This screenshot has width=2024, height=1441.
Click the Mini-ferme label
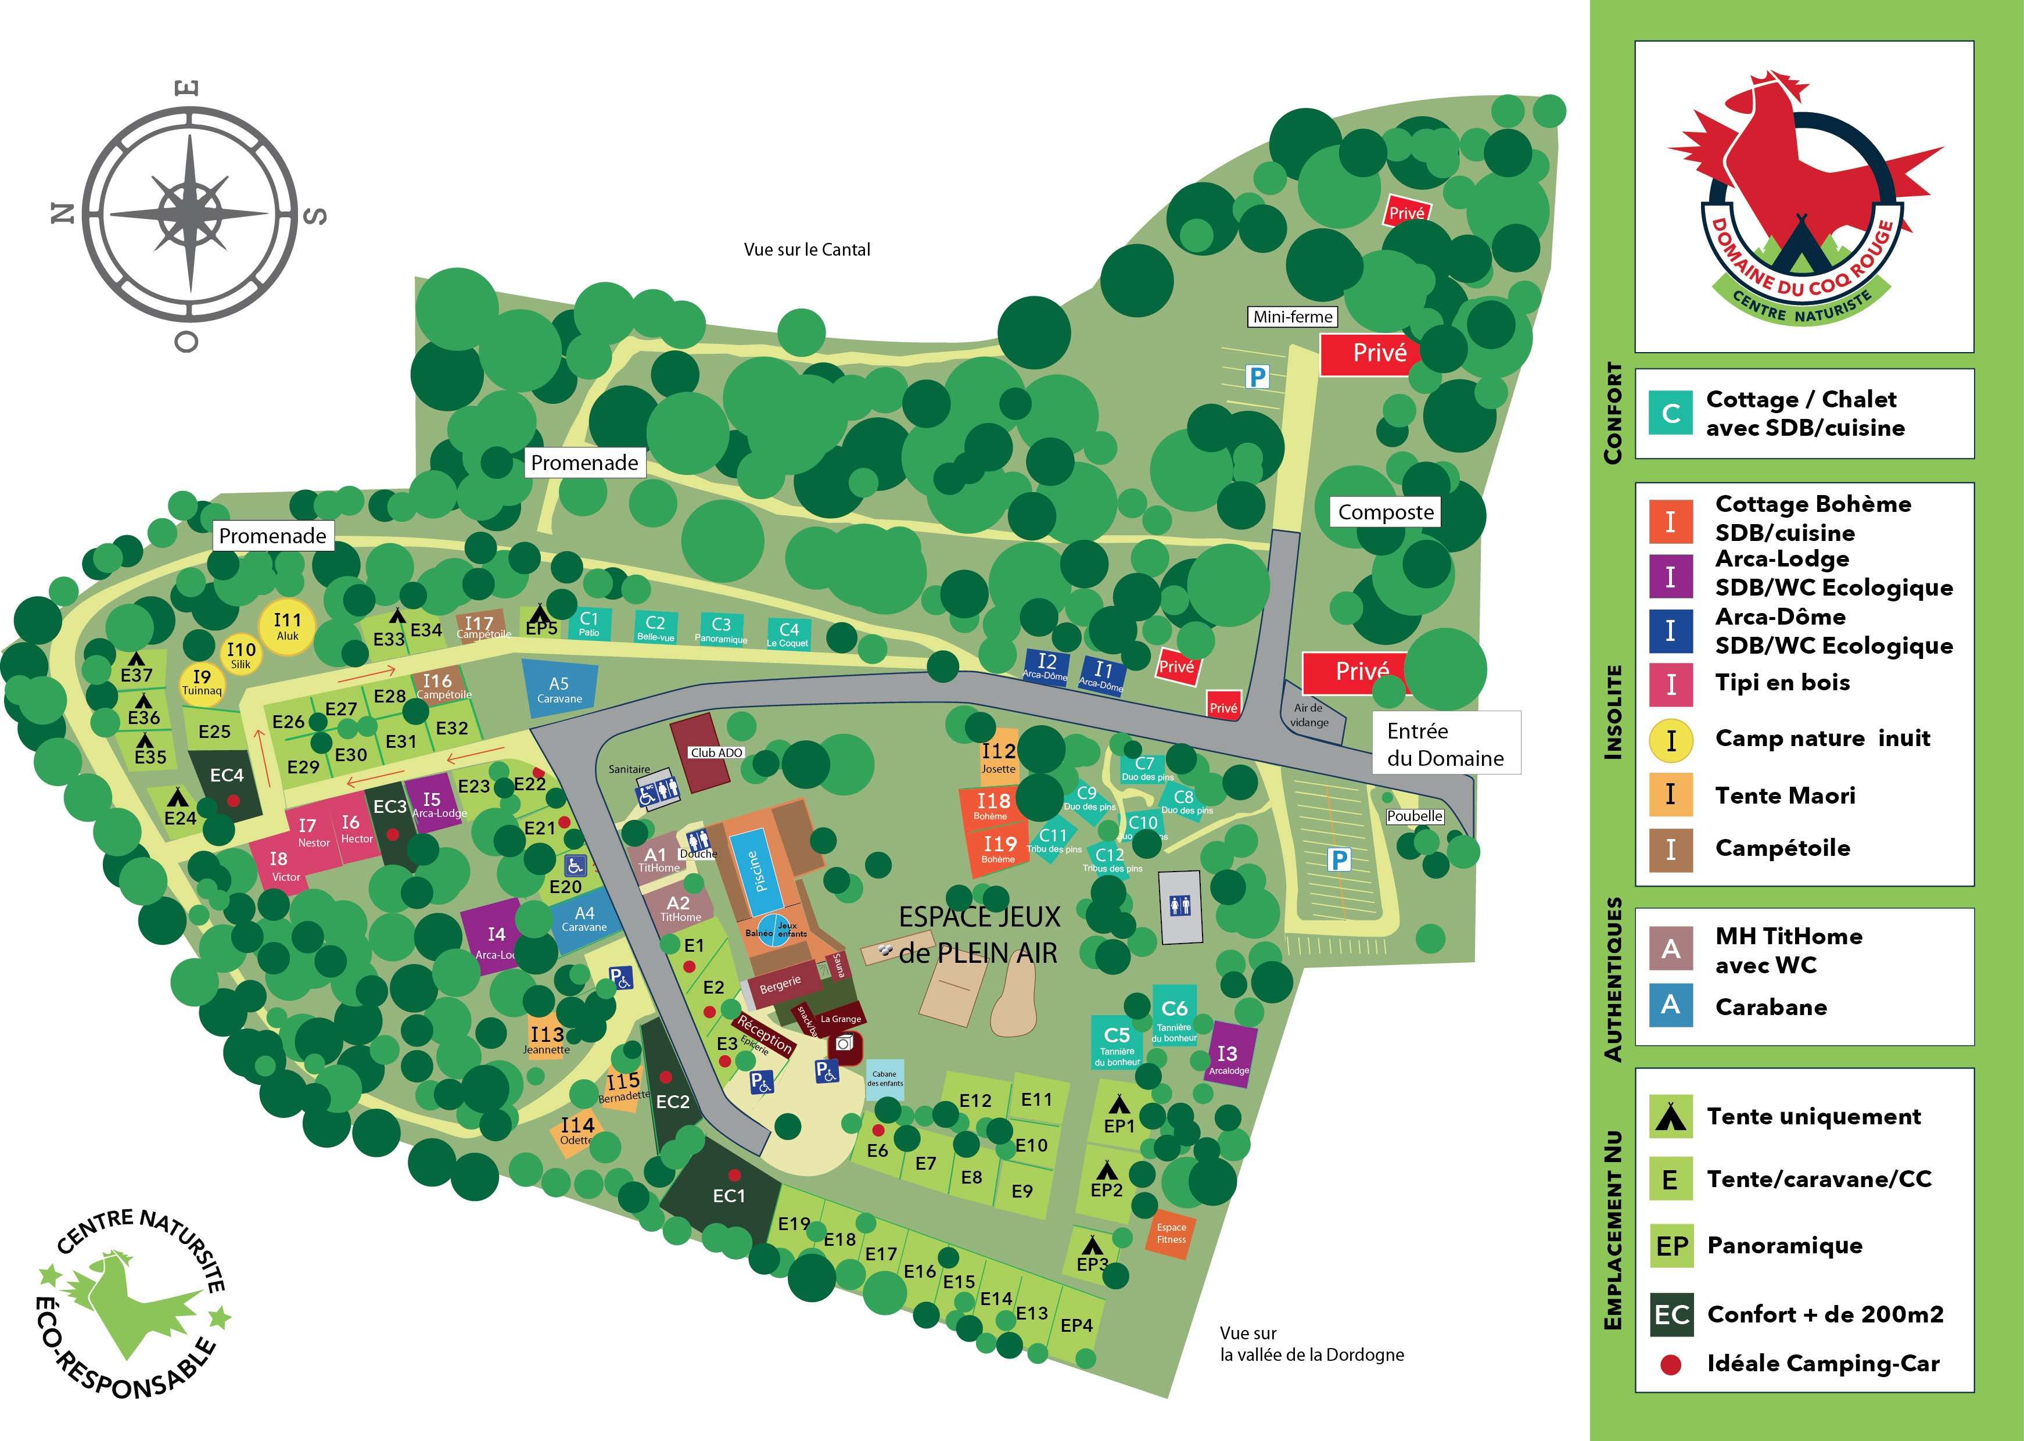pyautogui.click(x=1292, y=317)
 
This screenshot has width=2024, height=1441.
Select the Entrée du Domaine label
pyautogui.click(x=1446, y=744)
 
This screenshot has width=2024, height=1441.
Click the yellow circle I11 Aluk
pyautogui.click(x=286, y=626)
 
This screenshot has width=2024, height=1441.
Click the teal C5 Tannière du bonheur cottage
pyautogui.click(x=1117, y=1042)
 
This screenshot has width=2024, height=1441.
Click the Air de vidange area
pyautogui.click(x=1309, y=714)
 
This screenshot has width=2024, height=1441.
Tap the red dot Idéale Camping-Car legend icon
pyautogui.click(x=1671, y=1365)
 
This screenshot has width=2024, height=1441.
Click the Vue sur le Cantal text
pyautogui.click(x=806, y=249)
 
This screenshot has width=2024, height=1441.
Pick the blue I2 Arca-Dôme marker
pyautogui.click(x=1047, y=665)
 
